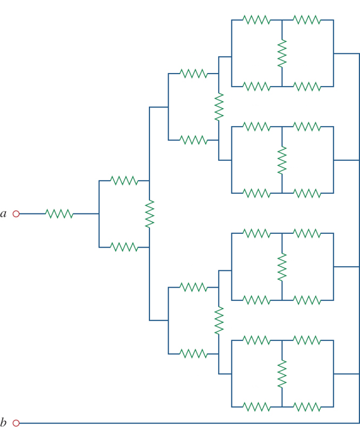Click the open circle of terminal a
16,213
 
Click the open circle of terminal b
16,423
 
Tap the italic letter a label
4,213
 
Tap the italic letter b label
4,422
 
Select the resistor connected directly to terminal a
59,213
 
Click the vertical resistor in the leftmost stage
150,213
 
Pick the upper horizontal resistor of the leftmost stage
124,180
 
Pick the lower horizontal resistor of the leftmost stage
124,247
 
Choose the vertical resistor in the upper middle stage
219,107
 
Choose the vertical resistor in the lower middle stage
219,321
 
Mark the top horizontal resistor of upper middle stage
193,74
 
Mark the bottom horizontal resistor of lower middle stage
193,353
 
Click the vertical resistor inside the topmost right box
282,53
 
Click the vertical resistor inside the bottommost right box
282,374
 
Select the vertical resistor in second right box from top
282,160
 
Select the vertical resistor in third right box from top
282,267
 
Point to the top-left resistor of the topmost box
256,20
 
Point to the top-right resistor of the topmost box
307,20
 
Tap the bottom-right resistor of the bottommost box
307,407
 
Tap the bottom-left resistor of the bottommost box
256,407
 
